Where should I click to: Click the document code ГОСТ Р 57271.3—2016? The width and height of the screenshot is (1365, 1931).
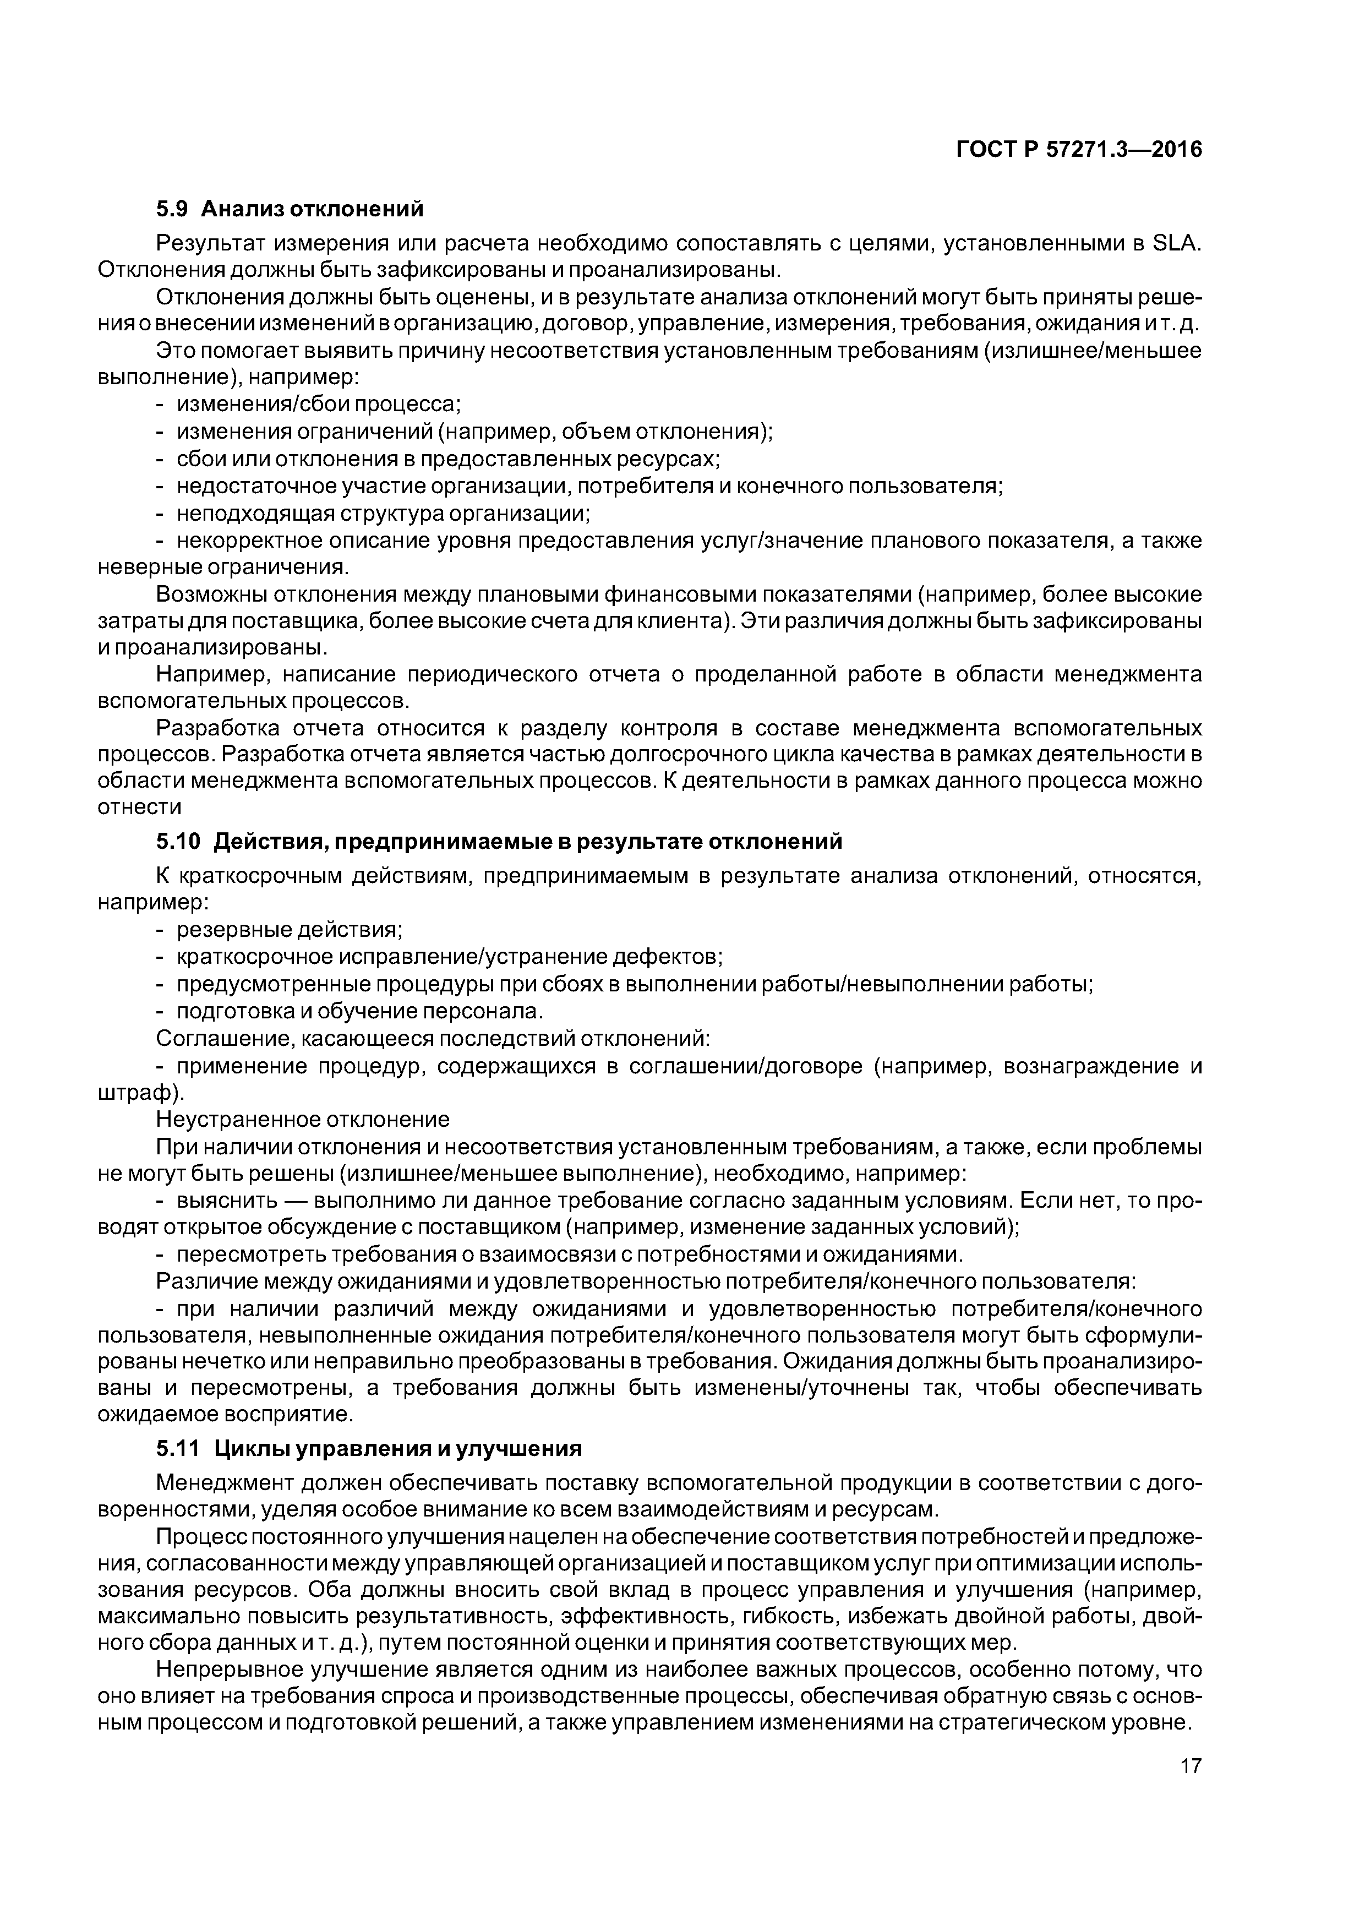[x=1079, y=150]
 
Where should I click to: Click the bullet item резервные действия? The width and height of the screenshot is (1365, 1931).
[x=290, y=930]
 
